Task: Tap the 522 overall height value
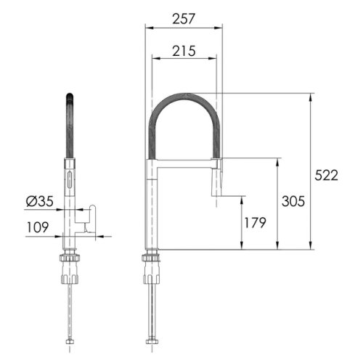(327, 175)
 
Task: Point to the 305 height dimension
(292, 200)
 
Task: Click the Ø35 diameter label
(39, 201)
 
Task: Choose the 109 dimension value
(38, 227)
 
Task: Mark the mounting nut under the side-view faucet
(70, 260)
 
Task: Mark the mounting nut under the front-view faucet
(152, 260)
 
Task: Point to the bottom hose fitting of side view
(70, 342)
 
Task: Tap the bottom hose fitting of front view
(152, 342)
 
